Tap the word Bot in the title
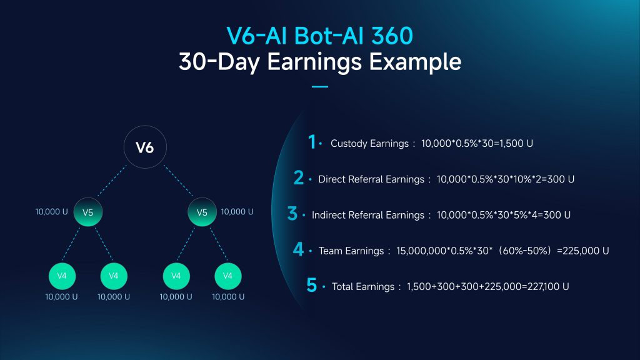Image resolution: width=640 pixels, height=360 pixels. [312, 36]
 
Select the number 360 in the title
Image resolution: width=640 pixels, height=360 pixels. [392, 36]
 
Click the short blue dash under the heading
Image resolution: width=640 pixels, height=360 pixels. [320, 86]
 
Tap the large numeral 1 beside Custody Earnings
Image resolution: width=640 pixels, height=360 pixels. [312, 142]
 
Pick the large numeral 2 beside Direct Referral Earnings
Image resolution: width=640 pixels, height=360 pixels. [299, 177]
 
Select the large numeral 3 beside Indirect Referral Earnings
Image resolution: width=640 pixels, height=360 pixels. [292, 214]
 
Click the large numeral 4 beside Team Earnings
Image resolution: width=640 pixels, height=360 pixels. [298, 249]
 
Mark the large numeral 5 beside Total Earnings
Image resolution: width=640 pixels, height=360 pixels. [311, 285]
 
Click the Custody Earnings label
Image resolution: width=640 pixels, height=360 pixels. [369, 144]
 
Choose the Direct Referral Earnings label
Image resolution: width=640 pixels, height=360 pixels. [371, 179]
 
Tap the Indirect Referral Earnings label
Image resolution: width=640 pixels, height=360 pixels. [368, 216]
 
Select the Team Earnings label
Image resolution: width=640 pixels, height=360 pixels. [351, 251]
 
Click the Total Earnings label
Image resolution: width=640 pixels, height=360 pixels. [363, 287]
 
